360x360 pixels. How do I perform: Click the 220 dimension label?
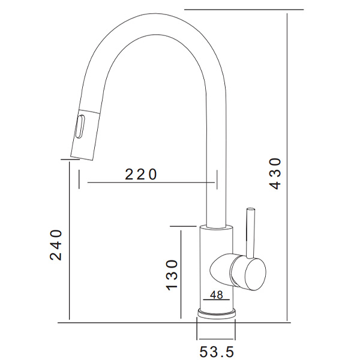pos(141,174)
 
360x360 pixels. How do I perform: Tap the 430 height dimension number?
pos(275,173)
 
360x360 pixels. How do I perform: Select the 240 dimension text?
pos(56,245)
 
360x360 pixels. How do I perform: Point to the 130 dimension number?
pos(172,275)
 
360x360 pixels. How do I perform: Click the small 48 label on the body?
pos(216,295)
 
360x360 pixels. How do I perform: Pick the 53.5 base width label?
pos(217,352)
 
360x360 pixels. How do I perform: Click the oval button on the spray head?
pos(80,127)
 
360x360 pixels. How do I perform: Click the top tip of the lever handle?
pos(250,209)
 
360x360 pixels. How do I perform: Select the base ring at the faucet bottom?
pos(216,314)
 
